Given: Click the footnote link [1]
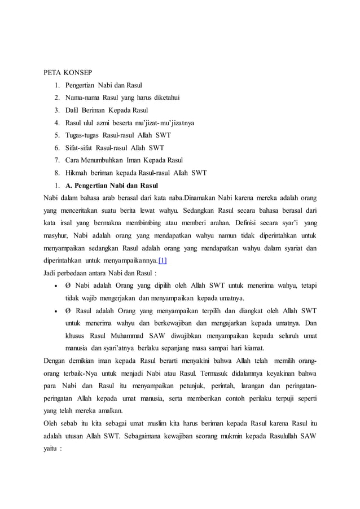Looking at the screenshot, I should [x=163, y=261].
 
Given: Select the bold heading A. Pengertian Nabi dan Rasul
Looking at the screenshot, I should [x=112, y=186].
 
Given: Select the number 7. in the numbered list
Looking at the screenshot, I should [x=58, y=160].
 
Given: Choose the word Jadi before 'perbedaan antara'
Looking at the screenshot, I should [x=51, y=273].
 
